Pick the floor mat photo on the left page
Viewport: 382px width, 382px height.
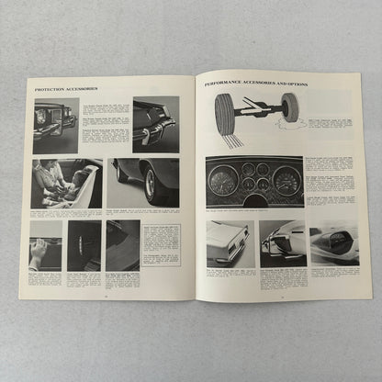click(84, 246)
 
